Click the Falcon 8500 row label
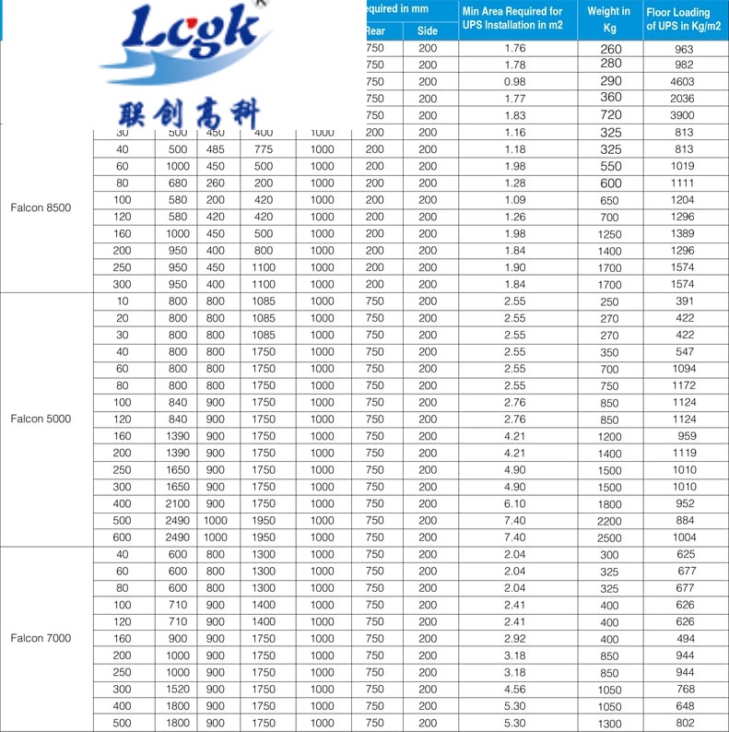tap(41, 207)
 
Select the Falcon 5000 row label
tap(41, 419)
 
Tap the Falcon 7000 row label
tap(41, 638)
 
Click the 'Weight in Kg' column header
tap(608, 19)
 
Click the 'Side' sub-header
tap(428, 30)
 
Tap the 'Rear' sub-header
tap(374, 30)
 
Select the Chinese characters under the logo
tap(190, 112)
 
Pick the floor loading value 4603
tap(683, 82)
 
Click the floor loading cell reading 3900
tap(683, 115)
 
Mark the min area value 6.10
tap(515, 503)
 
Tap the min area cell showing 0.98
tap(515, 82)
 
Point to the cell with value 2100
tap(178, 503)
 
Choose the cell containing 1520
tap(178, 689)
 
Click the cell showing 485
tap(215, 149)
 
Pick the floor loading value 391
tap(683, 301)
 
